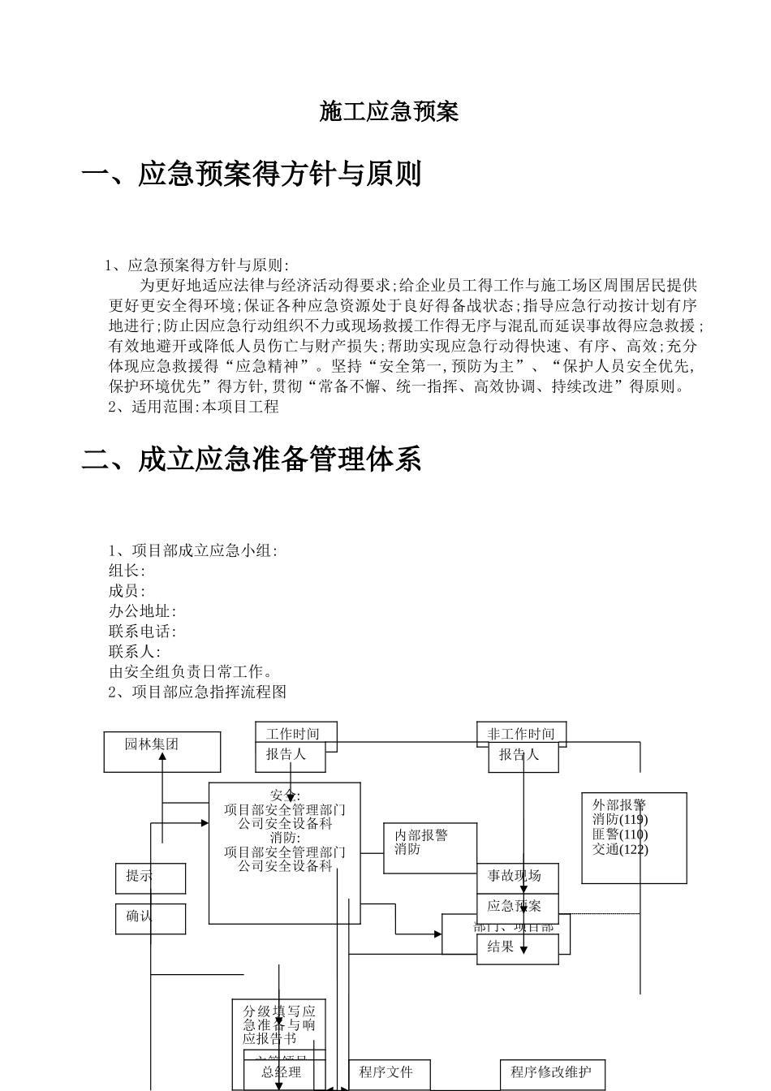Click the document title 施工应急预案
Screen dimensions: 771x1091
pos(390,111)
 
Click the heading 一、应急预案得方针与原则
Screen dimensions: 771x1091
pos(252,174)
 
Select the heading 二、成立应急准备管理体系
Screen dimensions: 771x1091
pos(252,459)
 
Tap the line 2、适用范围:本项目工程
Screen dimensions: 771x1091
pos(194,407)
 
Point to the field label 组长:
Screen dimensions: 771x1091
pos(127,571)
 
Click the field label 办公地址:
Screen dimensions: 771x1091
pos(143,611)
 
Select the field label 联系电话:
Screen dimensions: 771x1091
pos(143,631)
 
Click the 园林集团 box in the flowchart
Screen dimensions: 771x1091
pos(162,752)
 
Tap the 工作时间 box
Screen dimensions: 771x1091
pos(293,734)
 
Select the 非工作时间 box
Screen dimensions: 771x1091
pos(521,734)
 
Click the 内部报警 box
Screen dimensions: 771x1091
pos(429,847)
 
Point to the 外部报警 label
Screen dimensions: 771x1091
pos(619,805)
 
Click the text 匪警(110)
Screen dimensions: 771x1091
pos(621,834)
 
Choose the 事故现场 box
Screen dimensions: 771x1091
pos(517,877)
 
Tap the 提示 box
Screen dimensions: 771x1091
pos(150,878)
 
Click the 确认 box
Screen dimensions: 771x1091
pos(150,918)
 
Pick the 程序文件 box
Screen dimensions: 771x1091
pos(389,1073)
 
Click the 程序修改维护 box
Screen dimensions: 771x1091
pos(552,1073)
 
